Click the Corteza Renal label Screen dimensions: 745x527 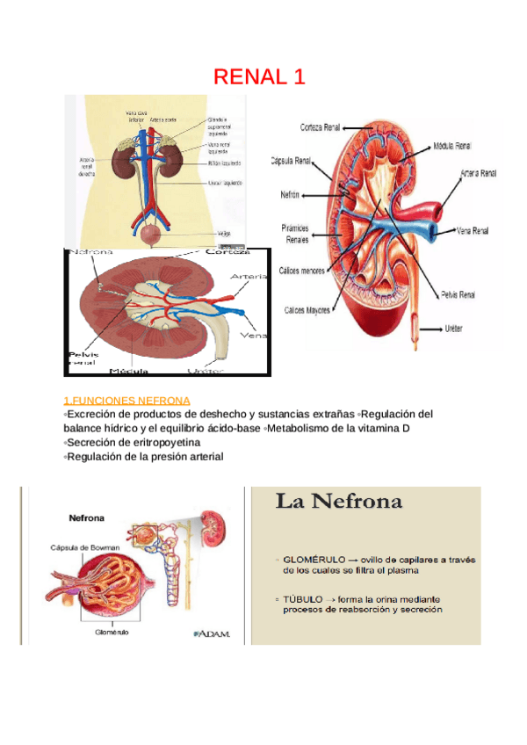(x=321, y=126)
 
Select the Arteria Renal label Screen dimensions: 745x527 (x=478, y=174)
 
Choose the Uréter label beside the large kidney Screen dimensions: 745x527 (x=453, y=329)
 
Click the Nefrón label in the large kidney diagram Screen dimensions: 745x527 (x=292, y=193)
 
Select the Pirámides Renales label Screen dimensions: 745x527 (x=297, y=234)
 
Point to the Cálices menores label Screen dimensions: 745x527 (x=300, y=271)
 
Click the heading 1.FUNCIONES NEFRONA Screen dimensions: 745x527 (x=126, y=400)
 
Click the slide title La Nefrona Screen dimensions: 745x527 (x=340, y=503)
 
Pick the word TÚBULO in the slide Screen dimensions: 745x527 (x=304, y=599)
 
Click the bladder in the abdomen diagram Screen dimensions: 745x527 (x=155, y=234)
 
